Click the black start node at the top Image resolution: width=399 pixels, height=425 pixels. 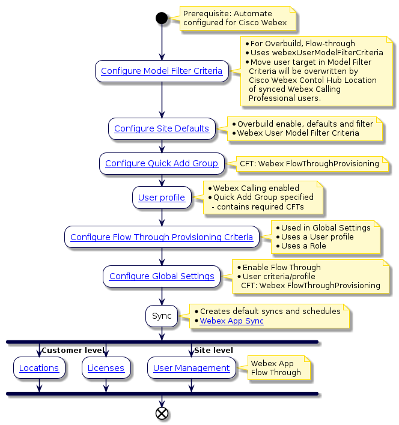(x=161, y=18)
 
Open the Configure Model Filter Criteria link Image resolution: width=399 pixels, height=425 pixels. (x=162, y=71)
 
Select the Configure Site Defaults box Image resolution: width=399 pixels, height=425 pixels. (x=162, y=128)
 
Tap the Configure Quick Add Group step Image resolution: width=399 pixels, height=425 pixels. (x=162, y=163)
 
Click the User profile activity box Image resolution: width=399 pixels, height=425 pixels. (x=162, y=197)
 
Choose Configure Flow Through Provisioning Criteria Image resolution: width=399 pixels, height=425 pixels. (x=162, y=237)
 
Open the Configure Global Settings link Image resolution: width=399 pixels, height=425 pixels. (x=162, y=276)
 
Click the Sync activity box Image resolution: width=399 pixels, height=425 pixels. (x=162, y=316)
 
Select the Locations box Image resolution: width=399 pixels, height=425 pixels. (x=39, y=368)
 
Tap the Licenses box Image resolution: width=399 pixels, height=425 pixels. (x=106, y=368)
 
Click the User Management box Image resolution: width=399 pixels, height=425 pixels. (x=192, y=368)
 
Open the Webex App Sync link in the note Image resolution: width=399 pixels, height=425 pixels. (x=231, y=321)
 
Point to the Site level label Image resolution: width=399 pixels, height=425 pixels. (x=213, y=350)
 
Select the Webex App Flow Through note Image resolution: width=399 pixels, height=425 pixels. (x=275, y=368)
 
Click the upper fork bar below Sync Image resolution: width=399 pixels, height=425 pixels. (x=162, y=342)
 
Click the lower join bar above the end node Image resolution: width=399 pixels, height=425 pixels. (x=162, y=394)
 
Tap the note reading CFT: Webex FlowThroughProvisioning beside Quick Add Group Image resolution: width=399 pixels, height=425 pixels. (x=309, y=163)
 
